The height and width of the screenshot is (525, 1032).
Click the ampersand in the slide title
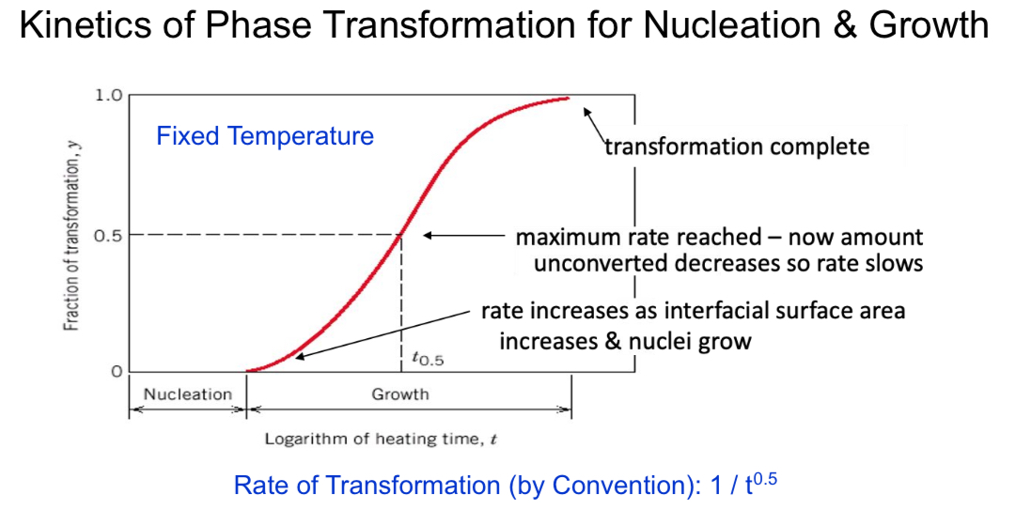pos(842,25)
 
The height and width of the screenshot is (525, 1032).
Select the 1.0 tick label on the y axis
pos(108,95)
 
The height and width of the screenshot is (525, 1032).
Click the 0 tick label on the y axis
pos(117,372)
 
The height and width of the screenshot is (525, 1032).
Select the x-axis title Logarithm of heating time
pos(380,439)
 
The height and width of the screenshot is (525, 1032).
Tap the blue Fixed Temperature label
pos(264,136)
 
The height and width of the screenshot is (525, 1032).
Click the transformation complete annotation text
pos(736,147)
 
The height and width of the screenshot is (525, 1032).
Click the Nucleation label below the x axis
pos(187,394)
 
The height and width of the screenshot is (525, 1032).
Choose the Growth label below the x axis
pos(399,394)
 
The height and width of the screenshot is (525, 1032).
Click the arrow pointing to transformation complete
pos(594,122)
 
